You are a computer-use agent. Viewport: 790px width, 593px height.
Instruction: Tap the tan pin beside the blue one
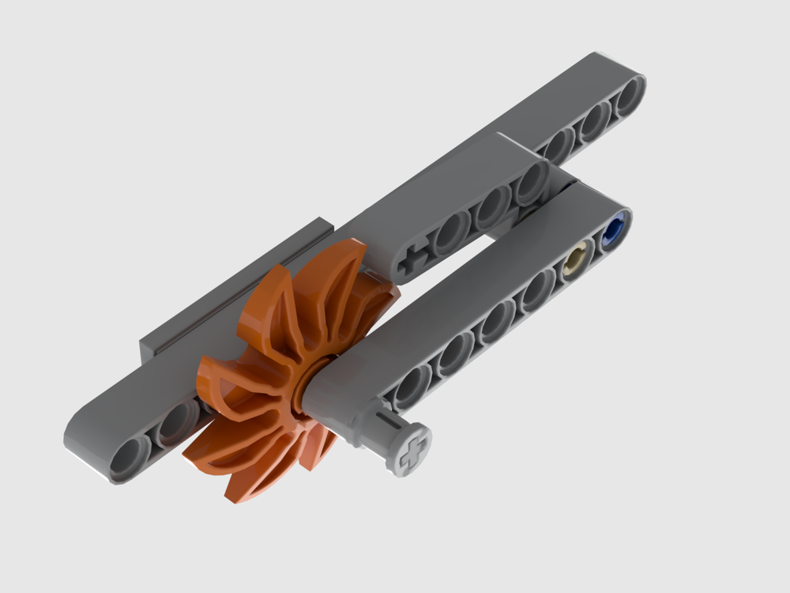(579, 260)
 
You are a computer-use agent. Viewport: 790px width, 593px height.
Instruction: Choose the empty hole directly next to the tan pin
(540, 288)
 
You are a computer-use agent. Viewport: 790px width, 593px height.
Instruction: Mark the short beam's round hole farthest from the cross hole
(529, 183)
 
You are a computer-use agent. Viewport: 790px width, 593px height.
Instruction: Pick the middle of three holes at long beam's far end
(594, 120)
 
